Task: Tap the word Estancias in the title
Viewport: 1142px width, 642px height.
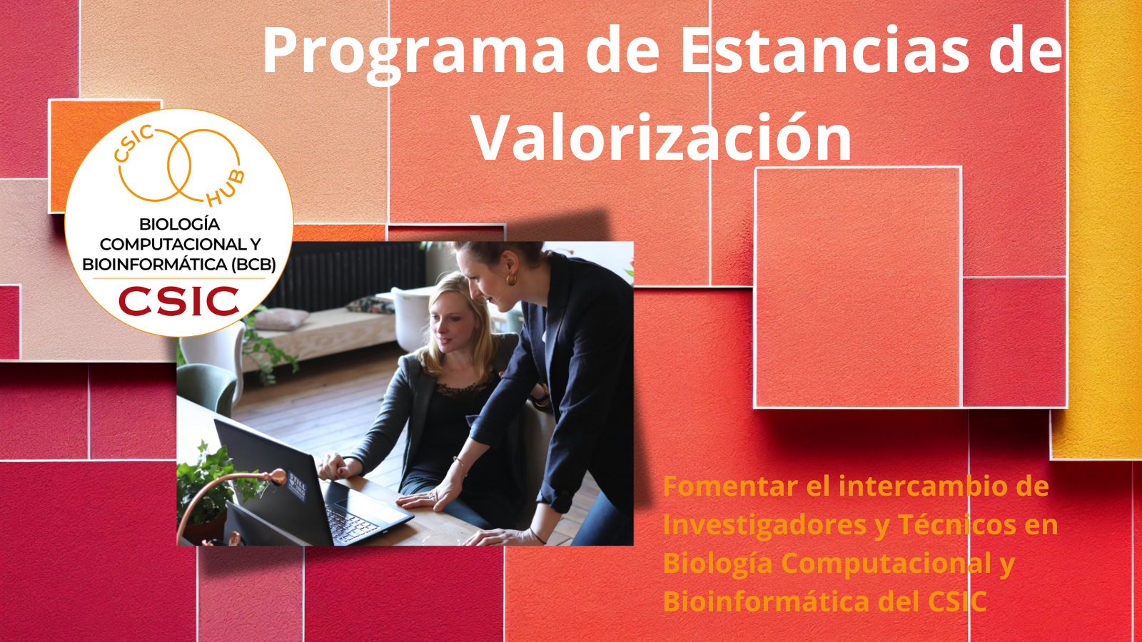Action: [825, 50]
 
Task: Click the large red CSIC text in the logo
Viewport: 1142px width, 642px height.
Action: [179, 301]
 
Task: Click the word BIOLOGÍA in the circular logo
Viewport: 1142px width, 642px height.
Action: [179, 224]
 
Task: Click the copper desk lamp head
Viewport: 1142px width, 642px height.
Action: [276, 477]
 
